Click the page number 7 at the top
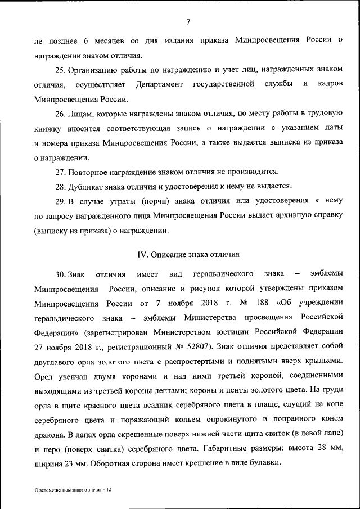pyautogui.click(x=188, y=22)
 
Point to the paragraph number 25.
pyautogui.click(x=61, y=69)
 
